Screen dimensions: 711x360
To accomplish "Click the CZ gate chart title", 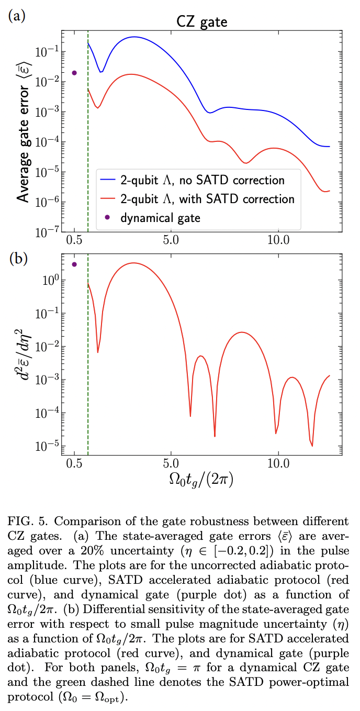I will [201, 22].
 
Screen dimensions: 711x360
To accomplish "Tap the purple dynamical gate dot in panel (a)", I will [74, 73].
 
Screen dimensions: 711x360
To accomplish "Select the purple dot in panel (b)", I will [74, 264].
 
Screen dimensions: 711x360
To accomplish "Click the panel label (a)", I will [15, 15].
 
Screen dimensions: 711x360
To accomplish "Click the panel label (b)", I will [15, 259].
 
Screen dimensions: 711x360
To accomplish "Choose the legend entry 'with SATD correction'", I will [198, 199].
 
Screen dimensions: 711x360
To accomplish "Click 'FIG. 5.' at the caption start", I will [25, 521].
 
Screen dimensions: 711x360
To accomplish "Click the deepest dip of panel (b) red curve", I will [312, 446].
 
